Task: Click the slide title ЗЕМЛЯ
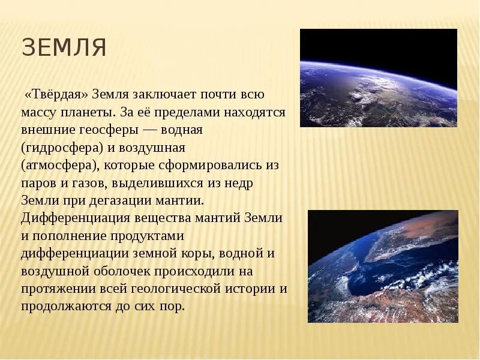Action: pyautogui.click(x=64, y=48)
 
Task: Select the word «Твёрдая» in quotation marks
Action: pyautogui.click(x=56, y=94)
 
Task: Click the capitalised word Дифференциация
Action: pyautogui.click(x=72, y=217)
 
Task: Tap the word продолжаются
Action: pyautogui.click(x=60, y=306)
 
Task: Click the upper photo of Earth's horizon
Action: pyautogui.click(x=378, y=78)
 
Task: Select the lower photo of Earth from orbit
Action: pyautogui.click(x=383, y=266)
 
